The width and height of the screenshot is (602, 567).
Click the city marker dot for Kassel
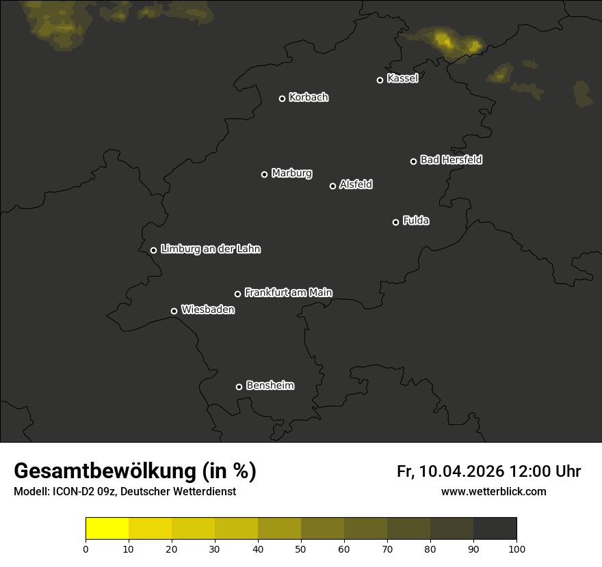[380, 80]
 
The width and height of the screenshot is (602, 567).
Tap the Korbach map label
[309, 98]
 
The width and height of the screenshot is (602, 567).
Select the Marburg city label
[291, 174]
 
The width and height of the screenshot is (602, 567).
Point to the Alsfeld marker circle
[333, 186]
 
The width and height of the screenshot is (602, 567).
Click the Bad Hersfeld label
[451, 160]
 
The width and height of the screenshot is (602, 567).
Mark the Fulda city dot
[395, 222]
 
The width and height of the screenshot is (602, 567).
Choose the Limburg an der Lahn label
[211, 249]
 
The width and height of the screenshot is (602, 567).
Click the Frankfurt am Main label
[288, 292]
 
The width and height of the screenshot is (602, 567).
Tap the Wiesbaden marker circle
[174, 311]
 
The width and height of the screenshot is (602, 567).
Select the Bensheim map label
[270, 385]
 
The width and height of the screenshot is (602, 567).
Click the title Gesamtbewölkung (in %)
[135, 471]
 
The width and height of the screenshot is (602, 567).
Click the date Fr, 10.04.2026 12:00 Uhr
[488, 471]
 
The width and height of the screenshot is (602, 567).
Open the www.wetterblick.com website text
[493, 492]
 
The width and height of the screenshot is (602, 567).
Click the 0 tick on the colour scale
[86, 549]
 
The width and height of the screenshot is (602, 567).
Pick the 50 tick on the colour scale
[301, 549]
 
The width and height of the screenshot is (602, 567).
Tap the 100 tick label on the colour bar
[516, 549]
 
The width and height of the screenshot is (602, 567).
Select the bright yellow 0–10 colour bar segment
[107, 529]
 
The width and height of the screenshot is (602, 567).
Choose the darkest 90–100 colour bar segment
[495, 529]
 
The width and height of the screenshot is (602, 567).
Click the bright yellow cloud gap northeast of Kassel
[446, 43]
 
